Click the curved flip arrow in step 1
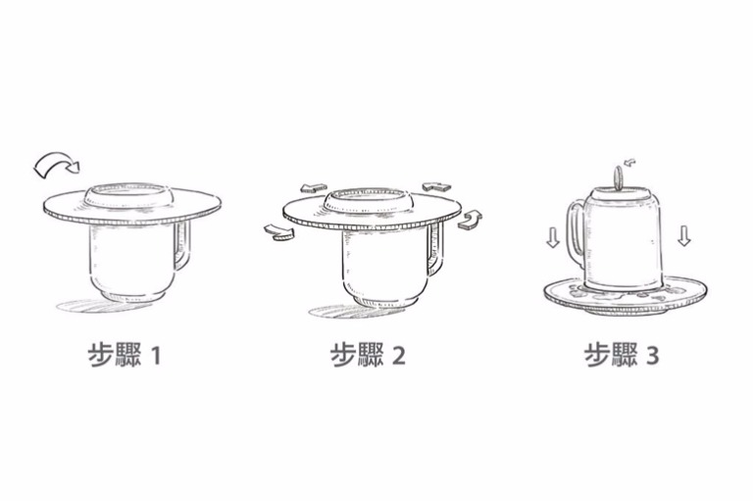(x=54, y=161)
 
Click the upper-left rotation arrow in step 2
(x=313, y=188)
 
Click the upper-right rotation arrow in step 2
(x=436, y=186)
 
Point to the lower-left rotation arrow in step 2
(x=278, y=232)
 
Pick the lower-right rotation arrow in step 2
(x=470, y=220)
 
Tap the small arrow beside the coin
(x=629, y=163)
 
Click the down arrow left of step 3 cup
(x=553, y=237)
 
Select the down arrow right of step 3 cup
(x=684, y=235)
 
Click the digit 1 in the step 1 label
(x=156, y=356)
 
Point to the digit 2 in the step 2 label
(x=399, y=356)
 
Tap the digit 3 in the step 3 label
(x=652, y=356)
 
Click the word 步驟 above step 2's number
(x=356, y=355)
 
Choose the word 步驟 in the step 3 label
(x=611, y=355)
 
